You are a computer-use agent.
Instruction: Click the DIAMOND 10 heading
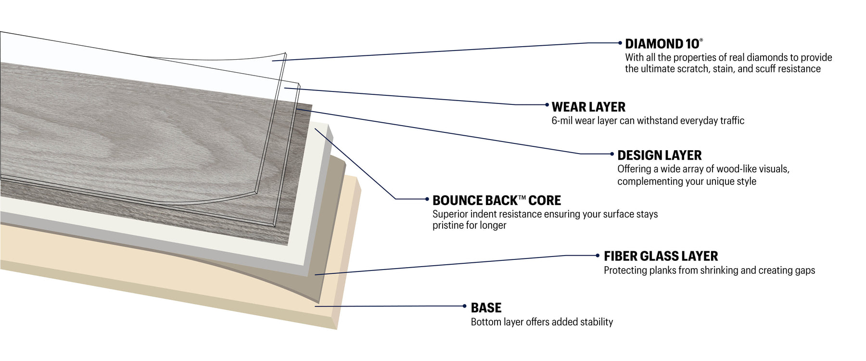coord(662,44)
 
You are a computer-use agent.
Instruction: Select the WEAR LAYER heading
coord(588,107)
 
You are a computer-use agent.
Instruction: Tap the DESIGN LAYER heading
coord(659,155)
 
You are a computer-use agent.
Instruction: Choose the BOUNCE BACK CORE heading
coord(497,201)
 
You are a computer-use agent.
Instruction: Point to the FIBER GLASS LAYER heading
coord(661,256)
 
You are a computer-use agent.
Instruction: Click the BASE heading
coord(486,308)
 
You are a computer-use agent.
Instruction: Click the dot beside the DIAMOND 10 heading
coord(620,43)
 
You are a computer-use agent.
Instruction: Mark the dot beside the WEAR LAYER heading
coord(547,104)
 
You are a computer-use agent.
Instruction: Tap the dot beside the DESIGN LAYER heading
coord(612,154)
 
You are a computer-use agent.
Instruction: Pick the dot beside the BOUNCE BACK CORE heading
coord(427,199)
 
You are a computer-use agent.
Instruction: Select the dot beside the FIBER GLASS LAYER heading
coord(598,256)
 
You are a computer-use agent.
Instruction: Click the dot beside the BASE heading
coord(464,306)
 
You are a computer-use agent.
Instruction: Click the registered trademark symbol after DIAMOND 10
coord(701,40)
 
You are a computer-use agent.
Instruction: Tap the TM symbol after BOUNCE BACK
coord(522,197)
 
